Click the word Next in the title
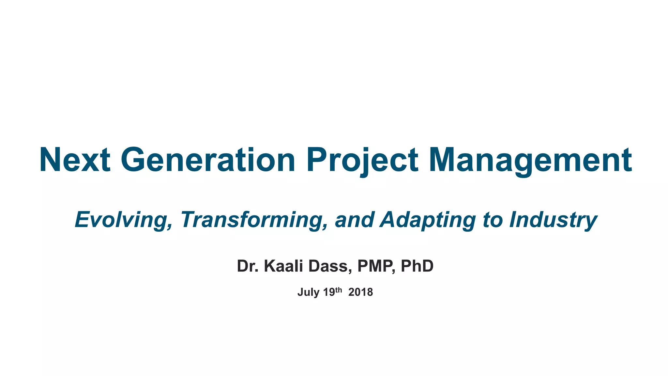pyautogui.click(x=75, y=160)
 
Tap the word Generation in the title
pyautogui.click(x=208, y=160)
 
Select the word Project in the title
pyautogui.click(x=362, y=160)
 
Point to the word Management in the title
pyautogui.click(x=530, y=160)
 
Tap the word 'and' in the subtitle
pyautogui.click(x=354, y=220)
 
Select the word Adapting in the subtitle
pyautogui.click(x=428, y=220)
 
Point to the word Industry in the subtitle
pyautogui.click(x=553, y=220)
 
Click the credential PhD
pyautogui.click(x=417, y=266)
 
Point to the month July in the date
pyautogui.click(x=308, y=292)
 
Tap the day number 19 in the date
pyautogui.click(x=329, y=292)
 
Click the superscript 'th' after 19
pyautogui.click(x=339, y=290)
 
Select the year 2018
pyautogui.click(x=360, y=292)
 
